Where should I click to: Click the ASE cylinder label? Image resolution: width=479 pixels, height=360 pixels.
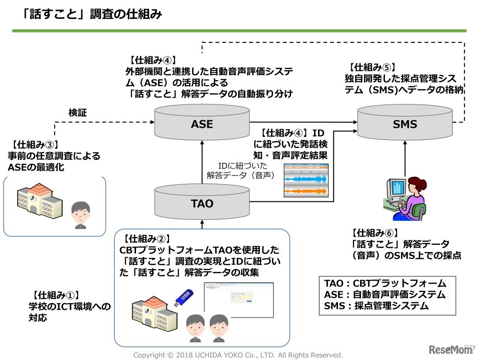(202, 124)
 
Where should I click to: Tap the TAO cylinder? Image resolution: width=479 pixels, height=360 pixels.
(202, 203)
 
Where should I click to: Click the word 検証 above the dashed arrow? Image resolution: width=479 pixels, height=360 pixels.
(78, 112)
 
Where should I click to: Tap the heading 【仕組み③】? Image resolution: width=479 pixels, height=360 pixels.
(34, 145)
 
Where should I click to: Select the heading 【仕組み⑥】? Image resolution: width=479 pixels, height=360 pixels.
(375, 233)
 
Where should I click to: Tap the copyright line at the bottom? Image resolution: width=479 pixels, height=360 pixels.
(238, 355)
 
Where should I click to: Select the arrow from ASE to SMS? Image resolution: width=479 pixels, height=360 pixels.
(303, 122)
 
